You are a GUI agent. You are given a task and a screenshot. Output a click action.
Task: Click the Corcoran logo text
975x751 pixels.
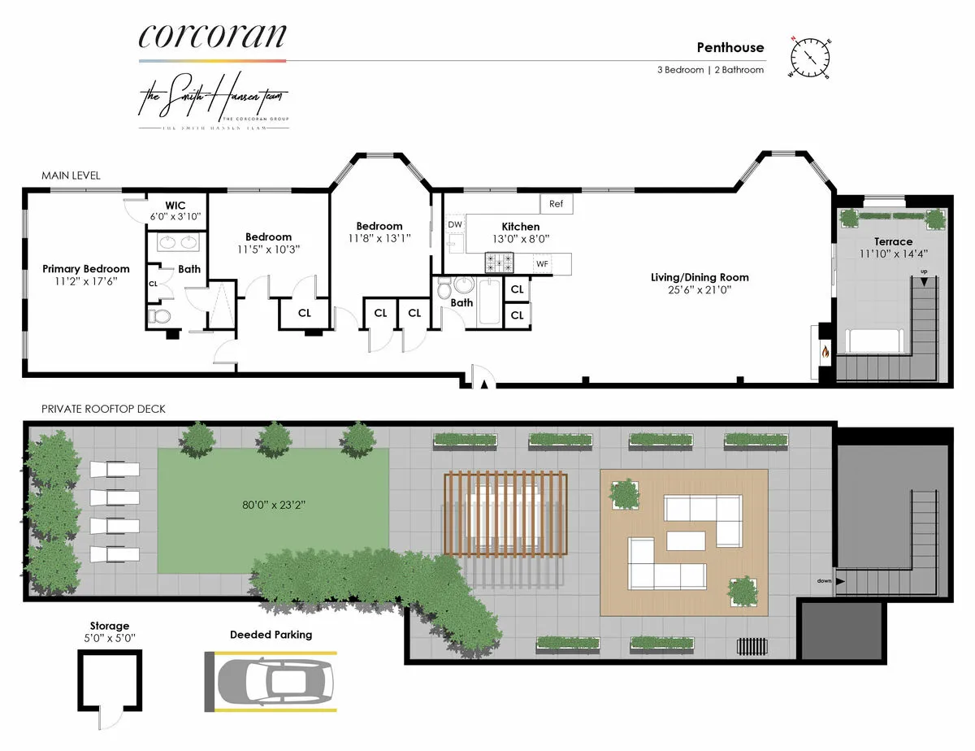click(x=212, y=36)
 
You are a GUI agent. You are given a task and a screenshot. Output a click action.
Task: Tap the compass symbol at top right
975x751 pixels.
click(x=810, y=56)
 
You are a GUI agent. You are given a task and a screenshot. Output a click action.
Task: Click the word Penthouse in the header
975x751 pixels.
click(x=730, y=47)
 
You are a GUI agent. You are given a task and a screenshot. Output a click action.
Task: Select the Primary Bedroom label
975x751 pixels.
click(x=86, y=269)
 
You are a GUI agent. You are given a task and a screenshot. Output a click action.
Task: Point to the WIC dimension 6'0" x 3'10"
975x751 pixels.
click(x=175, y=217)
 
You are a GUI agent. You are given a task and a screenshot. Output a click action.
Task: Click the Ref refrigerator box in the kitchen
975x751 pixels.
click(x=557, y=204)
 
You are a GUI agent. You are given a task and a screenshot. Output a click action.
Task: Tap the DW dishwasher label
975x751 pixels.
click(x=454, y=224)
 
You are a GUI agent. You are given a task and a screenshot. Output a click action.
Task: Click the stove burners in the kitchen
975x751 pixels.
click(x=499, y=263)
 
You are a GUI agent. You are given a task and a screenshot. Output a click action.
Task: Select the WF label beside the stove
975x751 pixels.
click(x=542, y=263)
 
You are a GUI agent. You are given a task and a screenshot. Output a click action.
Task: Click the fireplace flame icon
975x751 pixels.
click(x=825, y=353)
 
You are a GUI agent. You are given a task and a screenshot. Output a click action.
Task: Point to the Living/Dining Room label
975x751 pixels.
click(x=700, y=277)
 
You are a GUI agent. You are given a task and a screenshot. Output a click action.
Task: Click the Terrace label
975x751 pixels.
click(x=893, y=241)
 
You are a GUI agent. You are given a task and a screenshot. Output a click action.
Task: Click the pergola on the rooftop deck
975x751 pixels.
click(x=505, y=516)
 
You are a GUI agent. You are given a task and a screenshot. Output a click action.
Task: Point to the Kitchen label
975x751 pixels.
click(x=520, y=227)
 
